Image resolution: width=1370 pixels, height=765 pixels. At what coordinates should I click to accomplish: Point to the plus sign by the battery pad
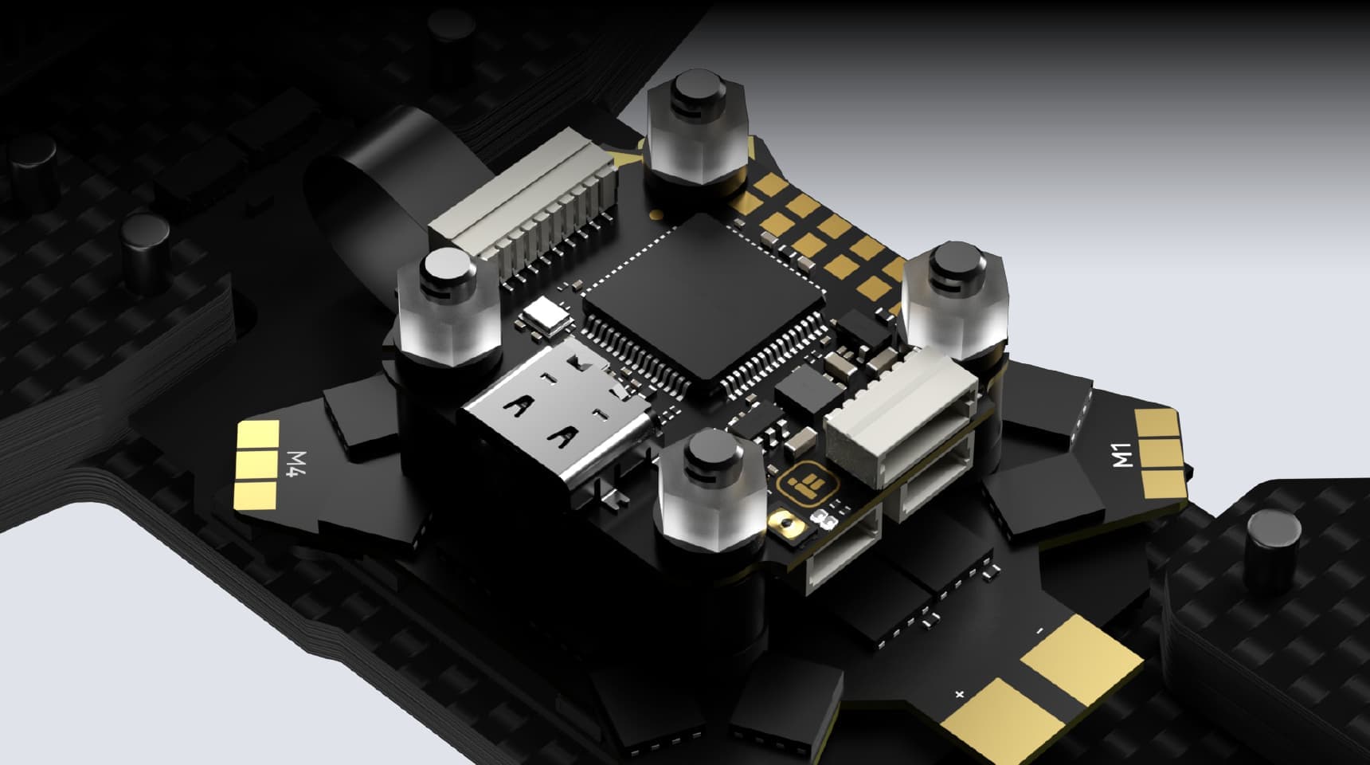click(x=960, y=694)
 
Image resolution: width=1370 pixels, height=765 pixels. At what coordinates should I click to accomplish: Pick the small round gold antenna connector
click(x=785, y=526)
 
